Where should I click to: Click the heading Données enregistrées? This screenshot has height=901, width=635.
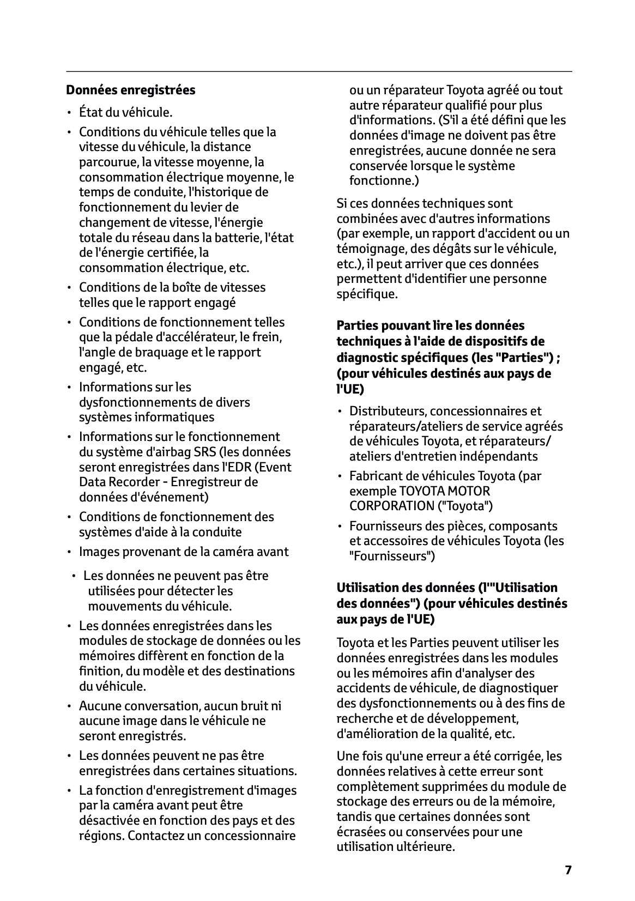pos(130,90)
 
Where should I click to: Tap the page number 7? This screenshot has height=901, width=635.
pos(568,870)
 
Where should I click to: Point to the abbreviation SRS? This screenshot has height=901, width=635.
pos(205,452)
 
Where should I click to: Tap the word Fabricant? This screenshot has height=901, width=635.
pos(374,476)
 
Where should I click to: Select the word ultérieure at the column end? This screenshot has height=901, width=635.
pos(426,846)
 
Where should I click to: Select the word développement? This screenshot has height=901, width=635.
pos(478,718)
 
